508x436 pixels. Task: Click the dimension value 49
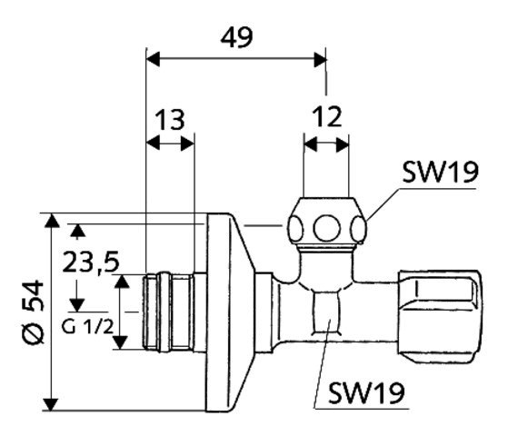pos(236,37)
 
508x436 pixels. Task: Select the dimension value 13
pos(170,120)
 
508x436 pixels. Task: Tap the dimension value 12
pos(327,116)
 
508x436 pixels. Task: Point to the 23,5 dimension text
pos(91,262)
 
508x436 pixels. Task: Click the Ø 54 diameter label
pos(34,312)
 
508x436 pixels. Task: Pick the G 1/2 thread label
pos(88,327)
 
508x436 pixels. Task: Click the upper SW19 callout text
pos(440,173)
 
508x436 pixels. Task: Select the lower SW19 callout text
pos(366,393)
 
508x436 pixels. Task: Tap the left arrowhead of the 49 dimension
pos(154,59)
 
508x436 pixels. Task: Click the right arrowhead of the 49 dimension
pos(320,59)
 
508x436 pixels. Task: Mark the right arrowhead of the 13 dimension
pos(187,144)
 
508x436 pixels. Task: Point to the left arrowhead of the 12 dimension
pos(311,144)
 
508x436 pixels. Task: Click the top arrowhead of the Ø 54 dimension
pos(52,220)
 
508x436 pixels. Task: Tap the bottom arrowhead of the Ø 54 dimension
pos(52,404)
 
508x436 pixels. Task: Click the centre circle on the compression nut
pos(326,228)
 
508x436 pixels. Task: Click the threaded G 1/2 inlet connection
pos(168,312)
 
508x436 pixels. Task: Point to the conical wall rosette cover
pos(231,312)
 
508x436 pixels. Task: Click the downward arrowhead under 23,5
pos(76,305)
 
